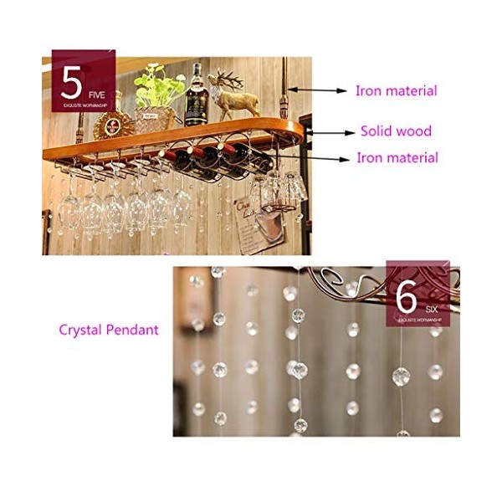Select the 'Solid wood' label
pyautogui.click(x=396, y=131)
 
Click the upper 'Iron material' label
pyautogui.click(x=396, y=90)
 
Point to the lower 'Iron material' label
pyautogui.click(x=397, y=157)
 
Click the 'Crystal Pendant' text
pyautogui.click(x=108, y=330)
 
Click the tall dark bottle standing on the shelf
pyautogui.click(x=197, y=96)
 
